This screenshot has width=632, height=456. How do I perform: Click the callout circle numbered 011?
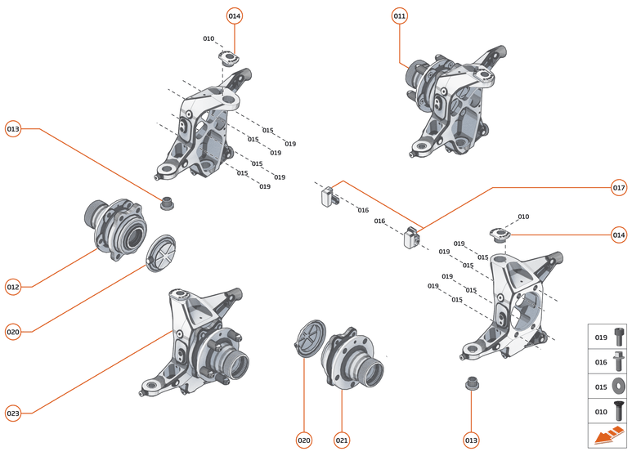click(399, 16)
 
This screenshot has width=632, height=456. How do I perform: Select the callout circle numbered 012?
click(13, 287)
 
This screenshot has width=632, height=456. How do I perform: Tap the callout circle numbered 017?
click(619, 188)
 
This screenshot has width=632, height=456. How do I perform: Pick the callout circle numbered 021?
click(342, 440)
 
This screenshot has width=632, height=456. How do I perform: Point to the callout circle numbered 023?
click(13, 413)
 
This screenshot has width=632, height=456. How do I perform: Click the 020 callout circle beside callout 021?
click(304, 440)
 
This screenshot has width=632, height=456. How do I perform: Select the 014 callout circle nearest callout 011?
click(235, 16)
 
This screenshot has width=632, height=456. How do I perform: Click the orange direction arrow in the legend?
click(608, 436)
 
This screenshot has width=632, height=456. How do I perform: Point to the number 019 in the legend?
click(600, 337)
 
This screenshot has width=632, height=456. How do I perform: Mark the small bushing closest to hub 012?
click(168, 203)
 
